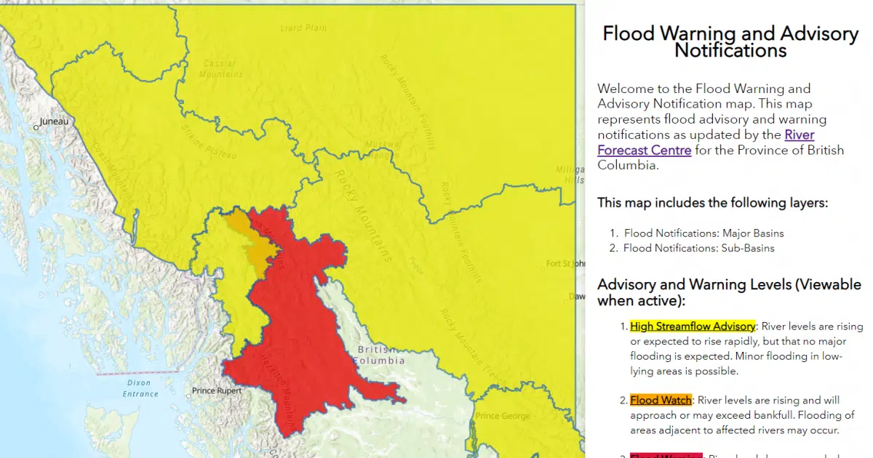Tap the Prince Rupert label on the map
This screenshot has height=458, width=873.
pyautogui.click(x=217, y=391)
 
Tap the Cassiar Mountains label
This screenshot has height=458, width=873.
pyautogui.click(x=222, y=69)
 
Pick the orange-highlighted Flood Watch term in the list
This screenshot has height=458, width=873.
pyautogui.click(x=661, y=401)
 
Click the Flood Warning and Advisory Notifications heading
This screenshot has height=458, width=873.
pyautogui.click(x=730, y=42)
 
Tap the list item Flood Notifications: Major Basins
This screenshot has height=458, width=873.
pyautogui.click(x=703, y=233)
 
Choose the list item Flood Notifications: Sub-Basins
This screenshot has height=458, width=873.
pyautogui.click(x=698, y=248)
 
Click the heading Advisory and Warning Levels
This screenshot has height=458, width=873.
pyautogui.click(x=729, y=292)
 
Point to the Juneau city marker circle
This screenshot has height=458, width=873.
pyautogui.click(x=36, y=127)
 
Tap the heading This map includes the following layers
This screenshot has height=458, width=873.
pyautogui.click(x=713, y=203)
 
